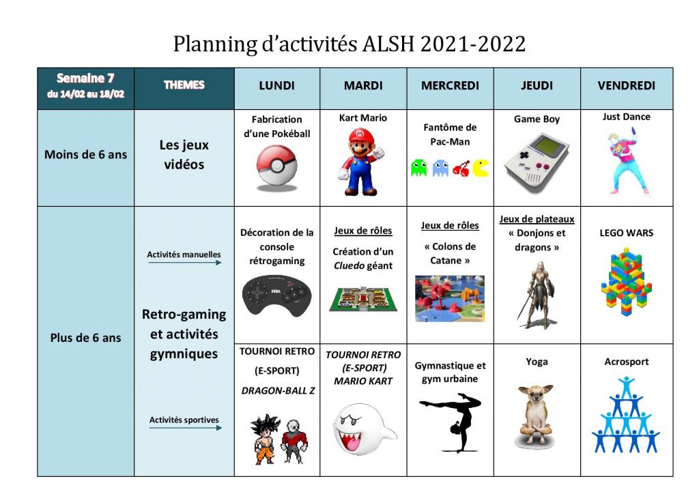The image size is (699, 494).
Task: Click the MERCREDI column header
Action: coord(450,85)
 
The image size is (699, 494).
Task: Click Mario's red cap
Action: coord(361,135)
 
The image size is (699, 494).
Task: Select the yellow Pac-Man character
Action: coord(481,169)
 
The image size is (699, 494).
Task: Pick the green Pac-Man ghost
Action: coord(418,168)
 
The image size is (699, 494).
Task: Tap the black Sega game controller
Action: coord(277,295)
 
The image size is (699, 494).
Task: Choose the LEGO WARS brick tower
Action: coord(627,282)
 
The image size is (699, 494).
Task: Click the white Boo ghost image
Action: coord(363,429)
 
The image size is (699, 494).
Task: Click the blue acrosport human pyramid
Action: coord(626,415)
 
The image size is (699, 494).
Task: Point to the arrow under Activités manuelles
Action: coord(184,263)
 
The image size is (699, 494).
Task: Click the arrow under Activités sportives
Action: coord(186,428)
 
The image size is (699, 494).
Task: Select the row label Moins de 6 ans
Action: coord(85,155)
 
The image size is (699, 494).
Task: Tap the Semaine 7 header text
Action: coord(85,78)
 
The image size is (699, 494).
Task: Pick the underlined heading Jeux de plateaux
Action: coord(537,219)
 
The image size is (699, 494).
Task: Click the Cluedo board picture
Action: coord(363,299)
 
